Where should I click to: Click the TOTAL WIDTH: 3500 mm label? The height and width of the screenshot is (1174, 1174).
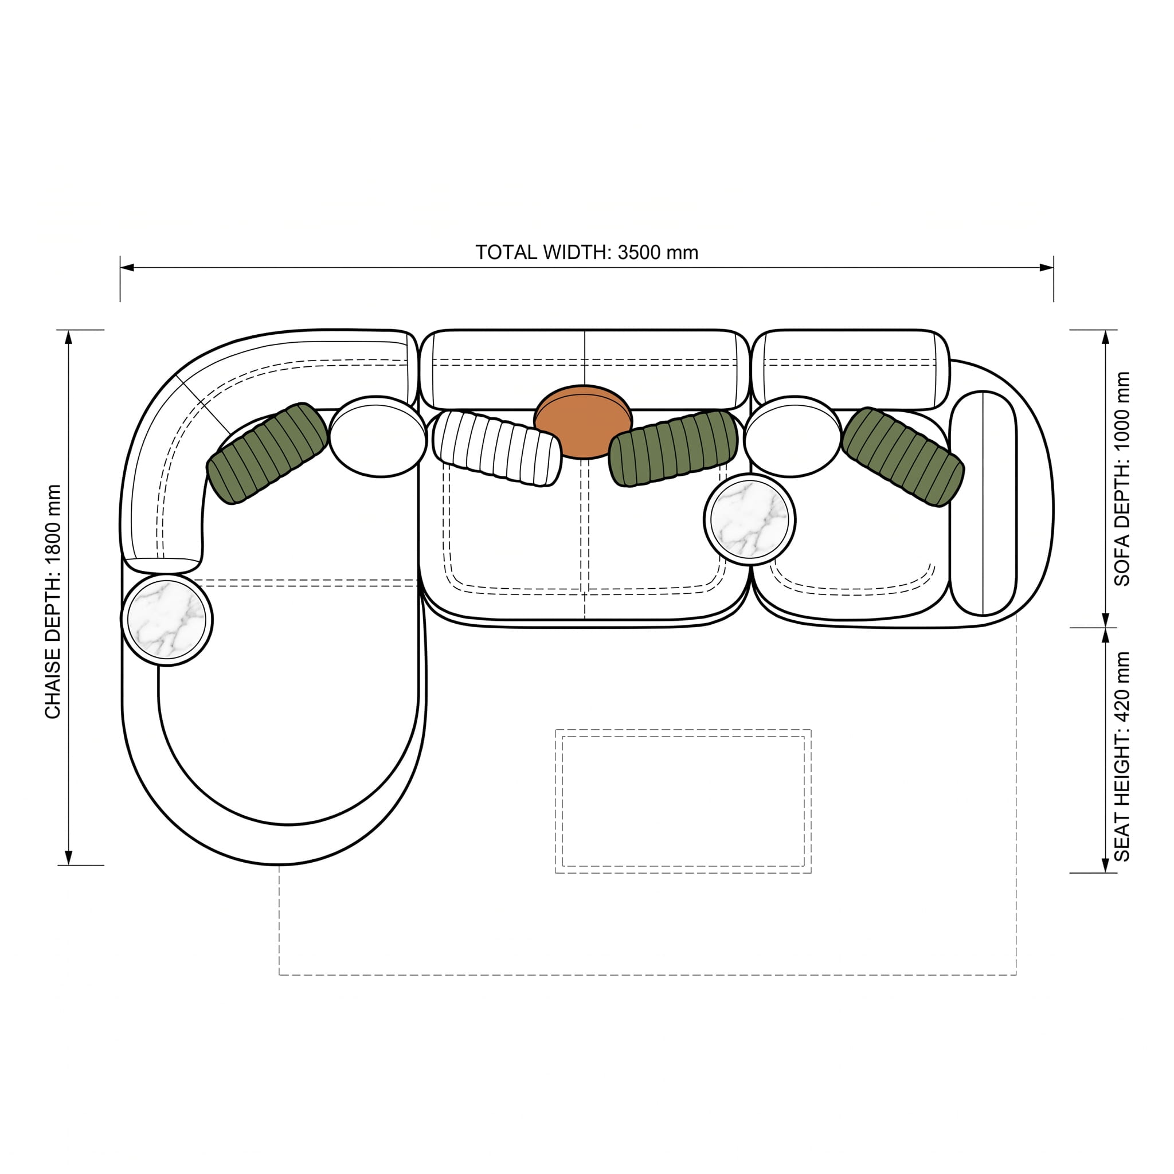tap(586, 252)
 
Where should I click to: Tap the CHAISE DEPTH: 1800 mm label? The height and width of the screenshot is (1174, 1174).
tap(53, 601)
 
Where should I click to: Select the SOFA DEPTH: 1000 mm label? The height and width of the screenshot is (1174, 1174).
tap(1122, 479)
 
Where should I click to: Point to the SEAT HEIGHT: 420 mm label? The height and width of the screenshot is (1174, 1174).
tap(1122, 757)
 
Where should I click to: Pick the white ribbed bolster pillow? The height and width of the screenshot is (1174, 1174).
tap(497, 448)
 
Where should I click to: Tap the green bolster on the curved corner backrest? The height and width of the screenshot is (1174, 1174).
tap(267, 453)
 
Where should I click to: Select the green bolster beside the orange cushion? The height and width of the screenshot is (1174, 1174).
tap(674, 448)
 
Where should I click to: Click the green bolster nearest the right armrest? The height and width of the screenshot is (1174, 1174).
tap(903, 456)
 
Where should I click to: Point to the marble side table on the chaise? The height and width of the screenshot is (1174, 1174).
tap(167, 620)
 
